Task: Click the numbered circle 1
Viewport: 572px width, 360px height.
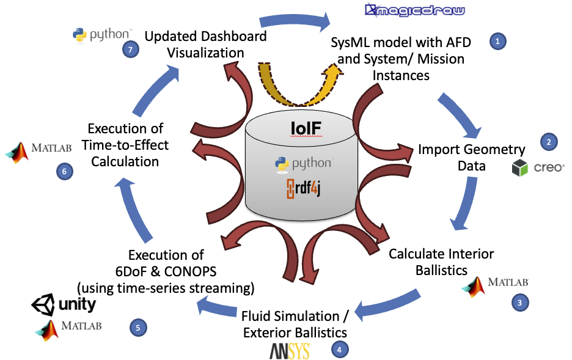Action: pos(498,42)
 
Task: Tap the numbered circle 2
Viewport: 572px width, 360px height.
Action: pos(549,142)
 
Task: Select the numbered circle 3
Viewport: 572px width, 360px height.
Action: pos(519,301)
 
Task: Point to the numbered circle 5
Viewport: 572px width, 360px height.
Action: pos(138,328)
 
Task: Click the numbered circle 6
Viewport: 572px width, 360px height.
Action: pos(64,172)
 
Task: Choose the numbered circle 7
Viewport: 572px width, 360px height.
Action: pos(130,50)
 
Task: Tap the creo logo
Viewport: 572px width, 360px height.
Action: pos(538,166)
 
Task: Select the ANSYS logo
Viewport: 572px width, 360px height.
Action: pos(290,351)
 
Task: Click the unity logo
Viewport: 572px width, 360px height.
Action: pos(64,304)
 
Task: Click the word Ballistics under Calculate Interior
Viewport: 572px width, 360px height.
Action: pos(442,269)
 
